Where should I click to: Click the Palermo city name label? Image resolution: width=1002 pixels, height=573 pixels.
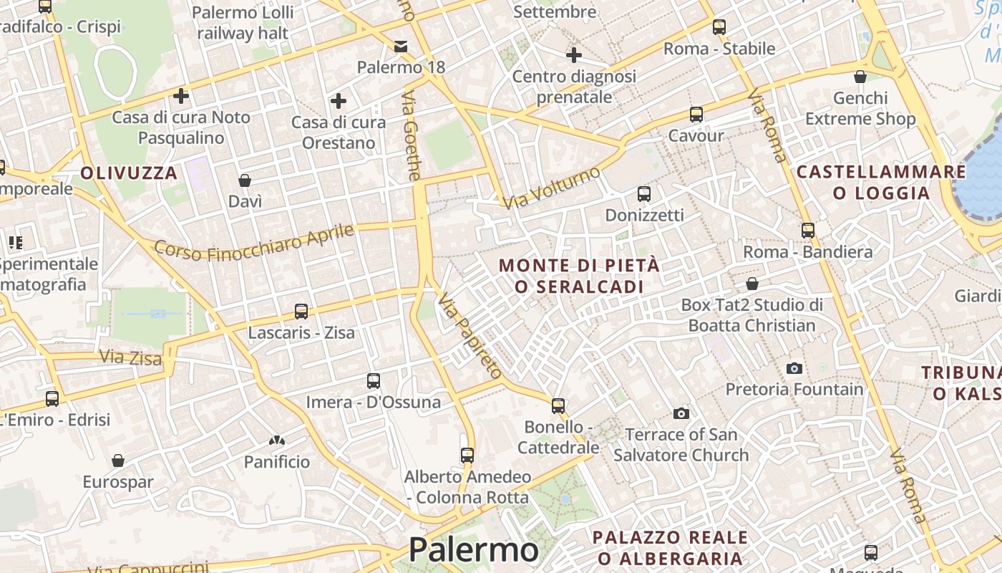coord(473,550)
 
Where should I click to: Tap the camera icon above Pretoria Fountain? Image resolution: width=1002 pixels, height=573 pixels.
coord(794,368)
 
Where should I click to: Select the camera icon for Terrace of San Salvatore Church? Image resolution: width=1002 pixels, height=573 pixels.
coord(681,413)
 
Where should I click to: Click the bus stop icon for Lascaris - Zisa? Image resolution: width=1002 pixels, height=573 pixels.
coord(301,312)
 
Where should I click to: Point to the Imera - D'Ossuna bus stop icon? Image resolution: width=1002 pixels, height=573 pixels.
coord(373,381)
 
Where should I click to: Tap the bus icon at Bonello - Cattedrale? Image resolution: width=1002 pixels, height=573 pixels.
coord(558,406)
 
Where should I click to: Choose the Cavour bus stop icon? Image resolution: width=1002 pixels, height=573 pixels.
coord(696,115)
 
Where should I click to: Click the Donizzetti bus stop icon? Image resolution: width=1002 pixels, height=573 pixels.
coord(643,194)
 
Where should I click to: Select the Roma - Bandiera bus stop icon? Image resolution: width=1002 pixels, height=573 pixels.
coord(808,231)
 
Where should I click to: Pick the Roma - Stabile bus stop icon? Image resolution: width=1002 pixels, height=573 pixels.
coord(719,27)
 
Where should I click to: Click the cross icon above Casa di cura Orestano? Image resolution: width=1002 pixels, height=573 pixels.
coord(339,101)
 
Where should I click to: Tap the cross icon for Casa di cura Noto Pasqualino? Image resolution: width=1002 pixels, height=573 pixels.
coord(181,95)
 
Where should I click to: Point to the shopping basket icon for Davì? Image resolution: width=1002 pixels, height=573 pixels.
coord(245,180)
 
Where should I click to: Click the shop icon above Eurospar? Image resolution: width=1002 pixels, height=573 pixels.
coord(118,461)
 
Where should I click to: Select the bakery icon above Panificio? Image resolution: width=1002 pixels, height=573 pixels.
coord(277,440)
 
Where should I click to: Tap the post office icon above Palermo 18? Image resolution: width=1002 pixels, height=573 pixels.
coord(401,47)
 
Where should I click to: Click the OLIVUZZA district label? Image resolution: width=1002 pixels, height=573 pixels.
coord(129,173)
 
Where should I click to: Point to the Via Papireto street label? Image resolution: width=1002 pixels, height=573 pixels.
coord(470,334)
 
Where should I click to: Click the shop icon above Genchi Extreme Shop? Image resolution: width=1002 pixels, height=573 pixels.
coord(860,77)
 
